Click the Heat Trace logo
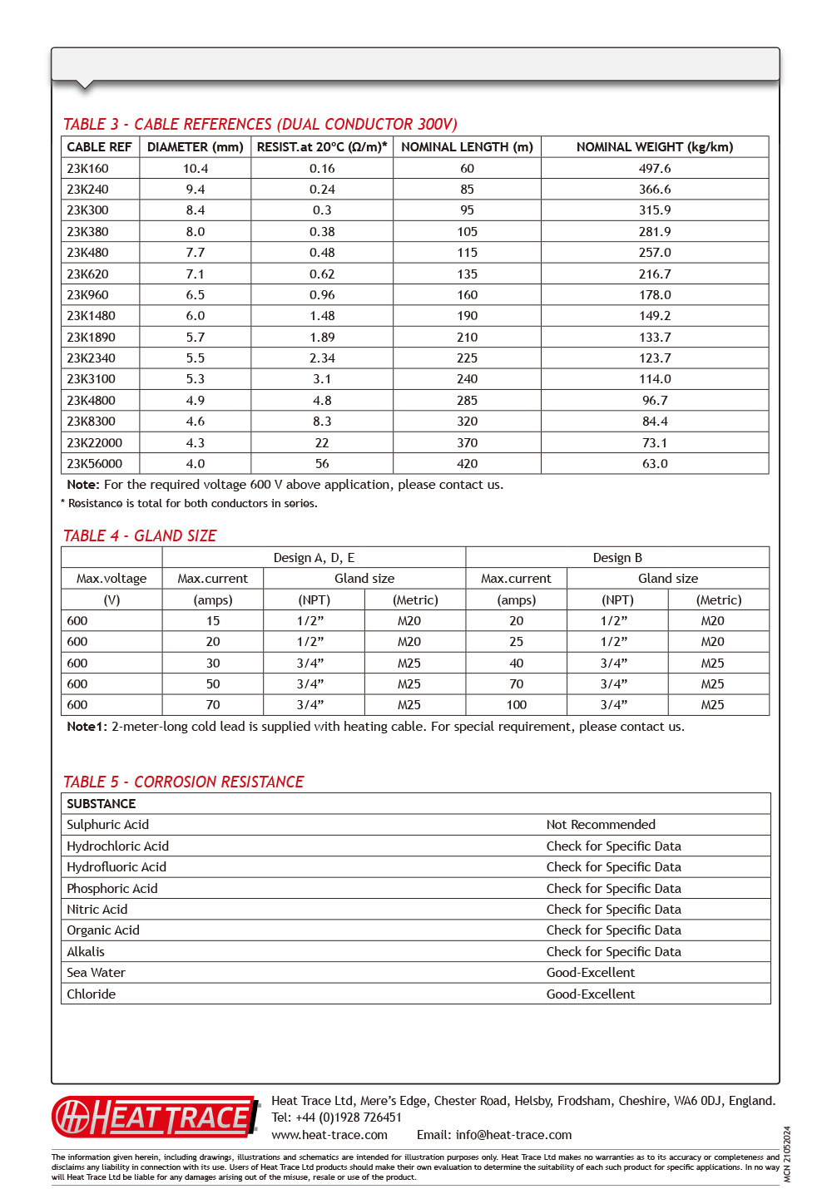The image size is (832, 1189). tap(156, 1117)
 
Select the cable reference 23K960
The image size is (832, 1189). tap(87, 295)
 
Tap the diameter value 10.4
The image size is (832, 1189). tap(196, 169)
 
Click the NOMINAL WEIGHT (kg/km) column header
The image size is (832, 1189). tap(654, 147)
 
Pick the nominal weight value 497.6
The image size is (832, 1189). tap(655, 169)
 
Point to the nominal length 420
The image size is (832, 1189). tap(467, 464)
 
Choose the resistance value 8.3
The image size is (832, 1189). tap(322, 422)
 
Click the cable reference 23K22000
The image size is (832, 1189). tap(94, 443)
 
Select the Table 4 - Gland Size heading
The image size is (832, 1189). tap(140, 536)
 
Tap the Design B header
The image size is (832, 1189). tap(617, 558)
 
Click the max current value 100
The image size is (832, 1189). tap(516, 705)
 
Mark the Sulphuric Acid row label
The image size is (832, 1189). tap(108, 825)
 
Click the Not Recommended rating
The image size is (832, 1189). tap(601, 825)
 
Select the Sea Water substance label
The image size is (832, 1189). tap(97, 973)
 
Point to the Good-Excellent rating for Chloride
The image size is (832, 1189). tap(590, 994)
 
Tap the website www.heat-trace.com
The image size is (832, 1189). tap(329, 1135)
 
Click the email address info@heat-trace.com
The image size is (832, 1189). tap(513, 1135)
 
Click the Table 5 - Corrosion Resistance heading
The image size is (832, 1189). tap(183, 782)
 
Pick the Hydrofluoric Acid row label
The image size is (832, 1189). tap(116, 867)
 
